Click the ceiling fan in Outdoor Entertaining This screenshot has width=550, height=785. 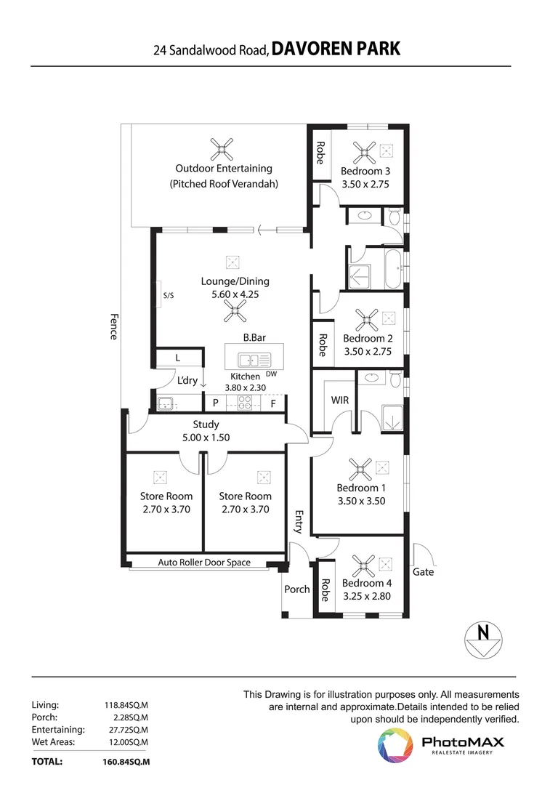tap(222, 150)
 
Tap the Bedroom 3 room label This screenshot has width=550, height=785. tap(365, 172)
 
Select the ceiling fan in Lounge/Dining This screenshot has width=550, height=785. tap(234, 313)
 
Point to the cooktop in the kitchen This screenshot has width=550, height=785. tap(243, 403)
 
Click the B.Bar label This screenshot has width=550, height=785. tap(254, 338)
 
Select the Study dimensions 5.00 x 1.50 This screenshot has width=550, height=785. tap(206, 438)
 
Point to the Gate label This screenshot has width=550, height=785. tap(423, 572)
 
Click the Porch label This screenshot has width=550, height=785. tap(296, 589)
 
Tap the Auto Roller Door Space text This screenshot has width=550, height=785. tap(204, 563)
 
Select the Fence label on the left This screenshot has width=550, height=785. tap(114, 326)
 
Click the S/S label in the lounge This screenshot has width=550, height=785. tap(169, 295)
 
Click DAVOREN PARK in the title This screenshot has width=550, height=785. tap(336, 49)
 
